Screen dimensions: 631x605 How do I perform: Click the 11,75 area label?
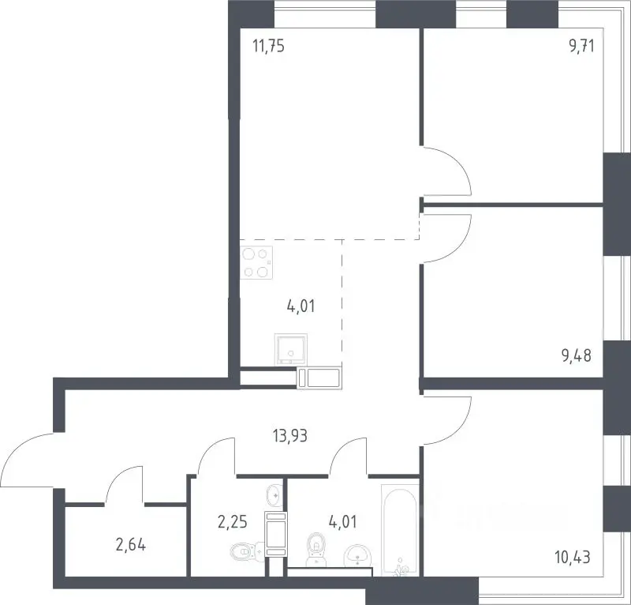pos(268,46)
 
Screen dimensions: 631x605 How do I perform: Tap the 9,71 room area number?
pos(581,46)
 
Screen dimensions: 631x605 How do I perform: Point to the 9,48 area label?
pos(577,355)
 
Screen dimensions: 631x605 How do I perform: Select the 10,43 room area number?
pos(573,557)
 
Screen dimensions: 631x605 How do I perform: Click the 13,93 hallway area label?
pos(289,435)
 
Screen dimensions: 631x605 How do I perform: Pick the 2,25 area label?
pos(232,522)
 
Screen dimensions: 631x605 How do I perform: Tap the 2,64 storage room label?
pos(131,545)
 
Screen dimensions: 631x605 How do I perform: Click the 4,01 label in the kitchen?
pos(301,306)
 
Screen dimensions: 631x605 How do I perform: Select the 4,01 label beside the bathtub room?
pos(343,522)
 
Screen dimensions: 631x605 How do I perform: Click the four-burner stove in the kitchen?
pos(256,262)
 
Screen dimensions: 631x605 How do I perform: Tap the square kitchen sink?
pos(291,349)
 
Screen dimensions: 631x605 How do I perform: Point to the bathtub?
pos(400,530)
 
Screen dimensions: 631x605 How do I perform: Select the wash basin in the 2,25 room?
pos(274,494)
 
